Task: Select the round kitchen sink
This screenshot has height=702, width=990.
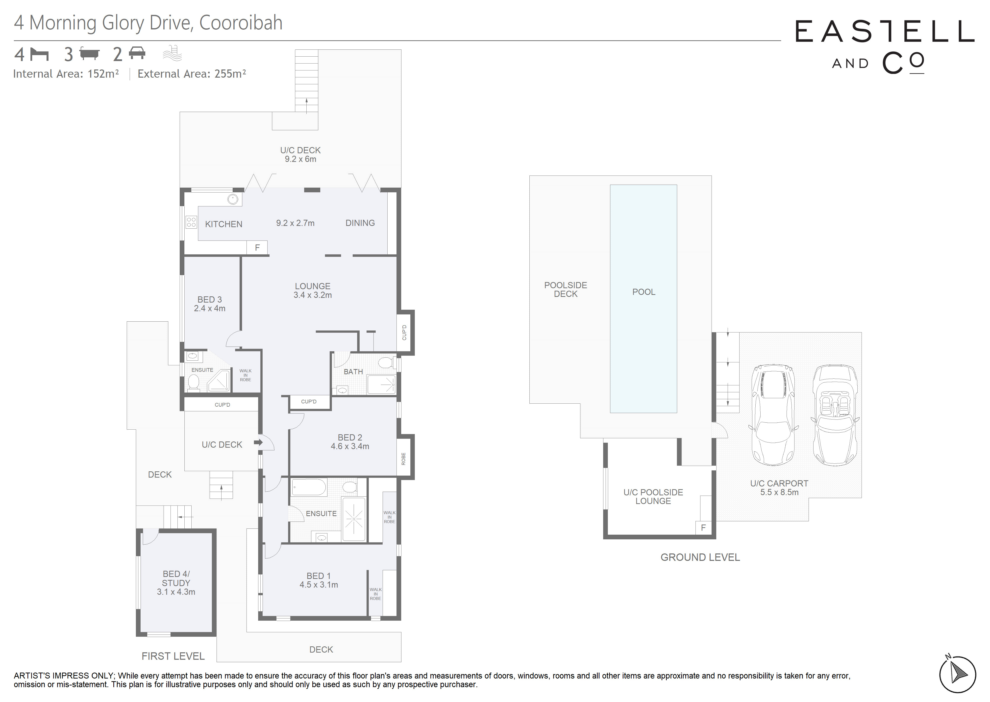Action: click(233, 199)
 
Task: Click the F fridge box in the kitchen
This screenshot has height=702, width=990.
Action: click(257, 248)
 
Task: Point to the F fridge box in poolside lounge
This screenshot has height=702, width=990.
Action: click(703, 527)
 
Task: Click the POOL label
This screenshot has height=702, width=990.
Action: click(644, 292)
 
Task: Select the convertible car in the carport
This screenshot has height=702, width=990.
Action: click(836, 415)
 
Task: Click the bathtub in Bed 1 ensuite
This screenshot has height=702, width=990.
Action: click(309, 487)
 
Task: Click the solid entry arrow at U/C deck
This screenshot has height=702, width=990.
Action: click(258, 443)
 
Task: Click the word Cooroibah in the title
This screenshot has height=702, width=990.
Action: click(241, 23)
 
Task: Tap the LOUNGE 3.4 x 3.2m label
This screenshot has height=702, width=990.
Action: click(312, 290)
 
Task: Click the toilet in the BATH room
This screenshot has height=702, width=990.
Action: click(384, 362)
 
